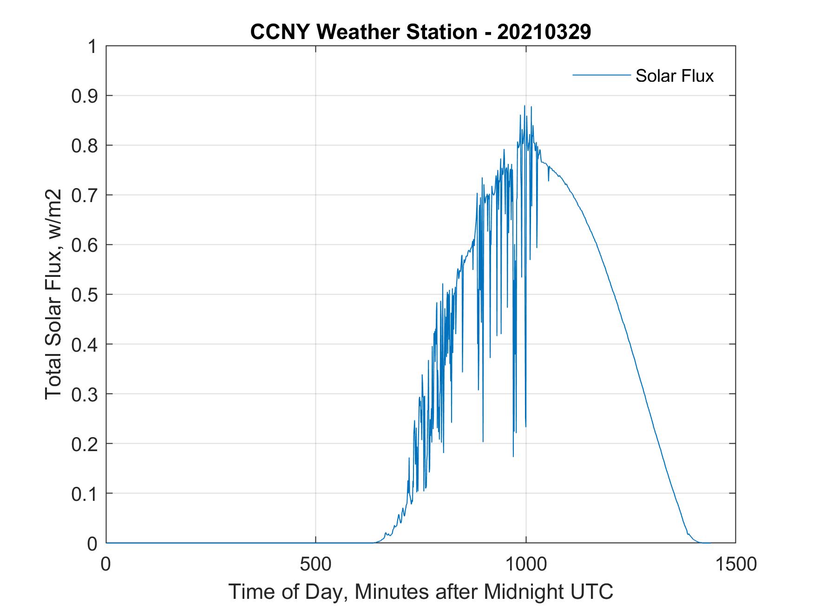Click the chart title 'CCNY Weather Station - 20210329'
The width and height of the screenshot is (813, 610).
[x=420, y=32]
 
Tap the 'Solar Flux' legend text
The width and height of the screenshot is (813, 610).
[x=674, y=76]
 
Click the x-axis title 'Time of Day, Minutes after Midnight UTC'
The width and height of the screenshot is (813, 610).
[x=421, y=592]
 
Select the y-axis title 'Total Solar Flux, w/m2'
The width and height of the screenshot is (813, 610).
[x=53, y=294]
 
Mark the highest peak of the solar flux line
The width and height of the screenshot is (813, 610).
[x=524, y=106]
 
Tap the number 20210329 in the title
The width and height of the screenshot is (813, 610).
[x=544, y=32]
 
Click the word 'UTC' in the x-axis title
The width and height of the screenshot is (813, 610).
[x=592, y=592]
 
